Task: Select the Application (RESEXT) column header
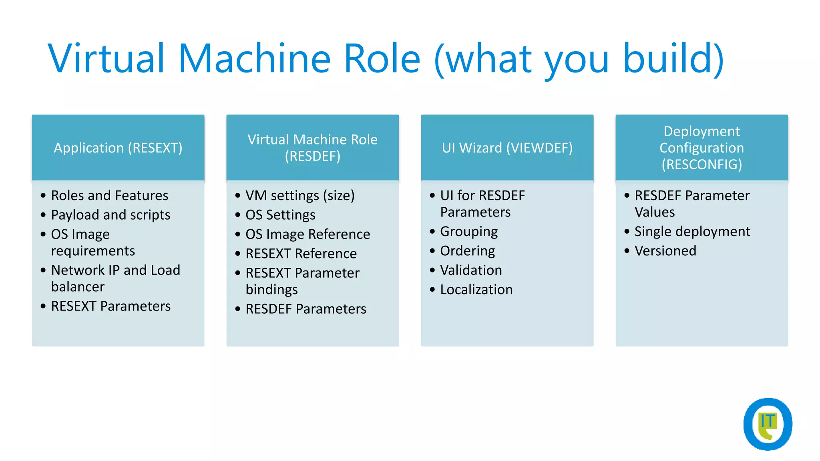pos(118,148)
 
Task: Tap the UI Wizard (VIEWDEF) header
pos(507,148)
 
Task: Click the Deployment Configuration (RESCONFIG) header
pos(701,148)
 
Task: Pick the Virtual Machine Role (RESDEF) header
pos(312,148)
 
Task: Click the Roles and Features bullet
pos(110,195)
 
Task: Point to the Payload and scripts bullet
pos(111,215)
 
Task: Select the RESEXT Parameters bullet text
pos(111,306)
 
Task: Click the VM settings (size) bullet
pos(300,195)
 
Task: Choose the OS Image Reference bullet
pos(307,234)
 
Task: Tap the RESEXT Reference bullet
pos(301,254)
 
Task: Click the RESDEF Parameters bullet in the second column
pos(306,309)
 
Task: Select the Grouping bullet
pos(469,232)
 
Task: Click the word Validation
pos(471,270)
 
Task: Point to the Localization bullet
pos(476,290)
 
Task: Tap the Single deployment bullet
pos(692,232)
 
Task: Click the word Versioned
pos(665,251)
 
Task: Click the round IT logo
pos(768,424)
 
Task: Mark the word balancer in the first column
pos(78,287)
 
